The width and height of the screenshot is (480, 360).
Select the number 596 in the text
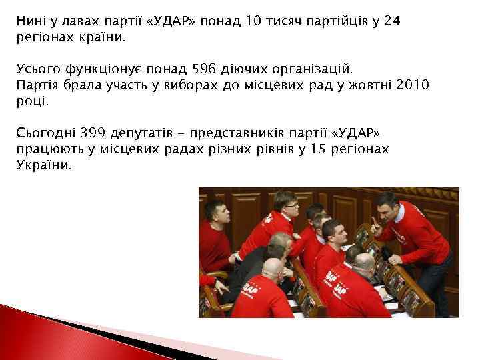(x=205, y=68)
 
